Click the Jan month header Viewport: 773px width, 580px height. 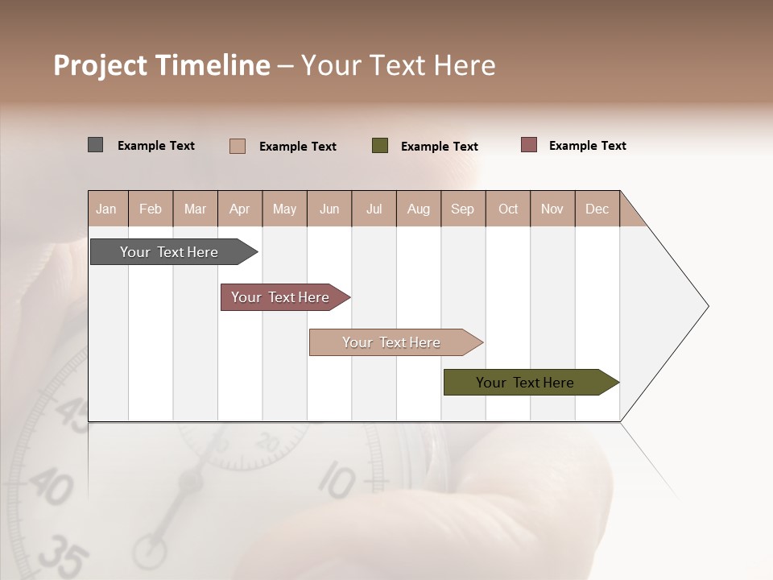pos(106,209)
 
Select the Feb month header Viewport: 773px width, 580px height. pos(151,209)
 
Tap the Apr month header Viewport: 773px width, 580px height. pos(239,209)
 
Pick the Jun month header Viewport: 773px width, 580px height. pos(329,209)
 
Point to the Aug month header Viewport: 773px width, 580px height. pos(418,209)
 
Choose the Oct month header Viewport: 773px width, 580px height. pos(508,209)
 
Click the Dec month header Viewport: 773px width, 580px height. pos(597,209)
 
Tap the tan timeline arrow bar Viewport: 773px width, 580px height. pos(392,342)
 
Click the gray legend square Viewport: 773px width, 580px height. pos(95,145)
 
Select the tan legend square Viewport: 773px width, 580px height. pos(238,146)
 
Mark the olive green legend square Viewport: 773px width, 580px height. pos(380,146)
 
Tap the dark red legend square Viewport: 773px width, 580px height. pos(529,145)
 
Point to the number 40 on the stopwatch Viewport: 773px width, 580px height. pos(50,487)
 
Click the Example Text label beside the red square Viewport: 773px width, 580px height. pos(587,146)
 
